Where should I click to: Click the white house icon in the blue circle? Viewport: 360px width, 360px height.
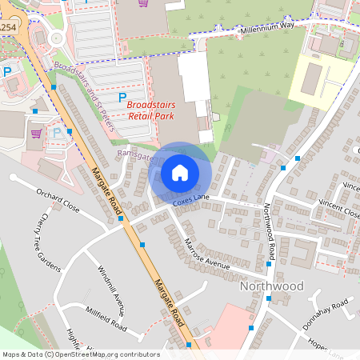pos(180,172)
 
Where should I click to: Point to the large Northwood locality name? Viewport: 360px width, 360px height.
pos(272,286)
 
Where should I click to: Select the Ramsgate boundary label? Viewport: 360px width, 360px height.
pos(134,155)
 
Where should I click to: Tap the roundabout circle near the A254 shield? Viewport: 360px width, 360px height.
pos(56,38)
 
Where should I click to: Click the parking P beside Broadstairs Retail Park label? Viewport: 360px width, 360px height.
pos(122,97)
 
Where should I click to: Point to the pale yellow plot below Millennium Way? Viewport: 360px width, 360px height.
pos(320,80)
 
